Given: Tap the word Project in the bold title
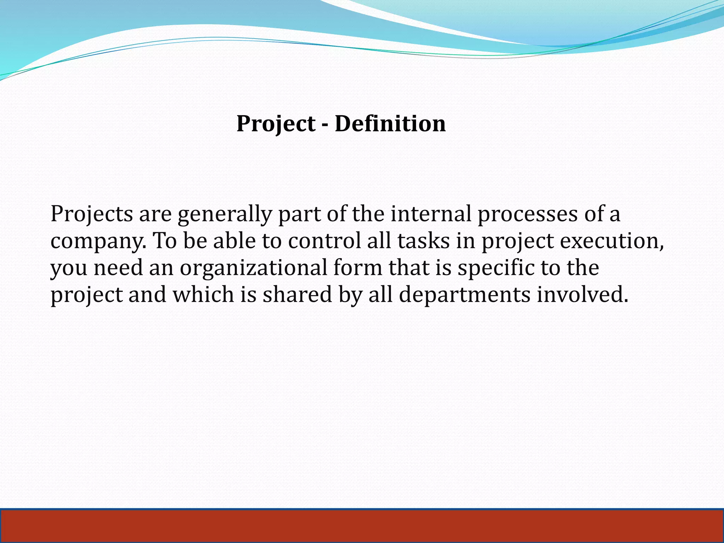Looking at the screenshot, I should coord(276,124).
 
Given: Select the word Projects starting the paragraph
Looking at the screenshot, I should coord(92,215).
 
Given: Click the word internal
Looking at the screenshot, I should coord(431,214).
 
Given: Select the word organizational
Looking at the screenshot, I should coord(253,268).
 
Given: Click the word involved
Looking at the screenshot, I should coord(583,294).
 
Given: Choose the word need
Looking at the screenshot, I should coord(118,268).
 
